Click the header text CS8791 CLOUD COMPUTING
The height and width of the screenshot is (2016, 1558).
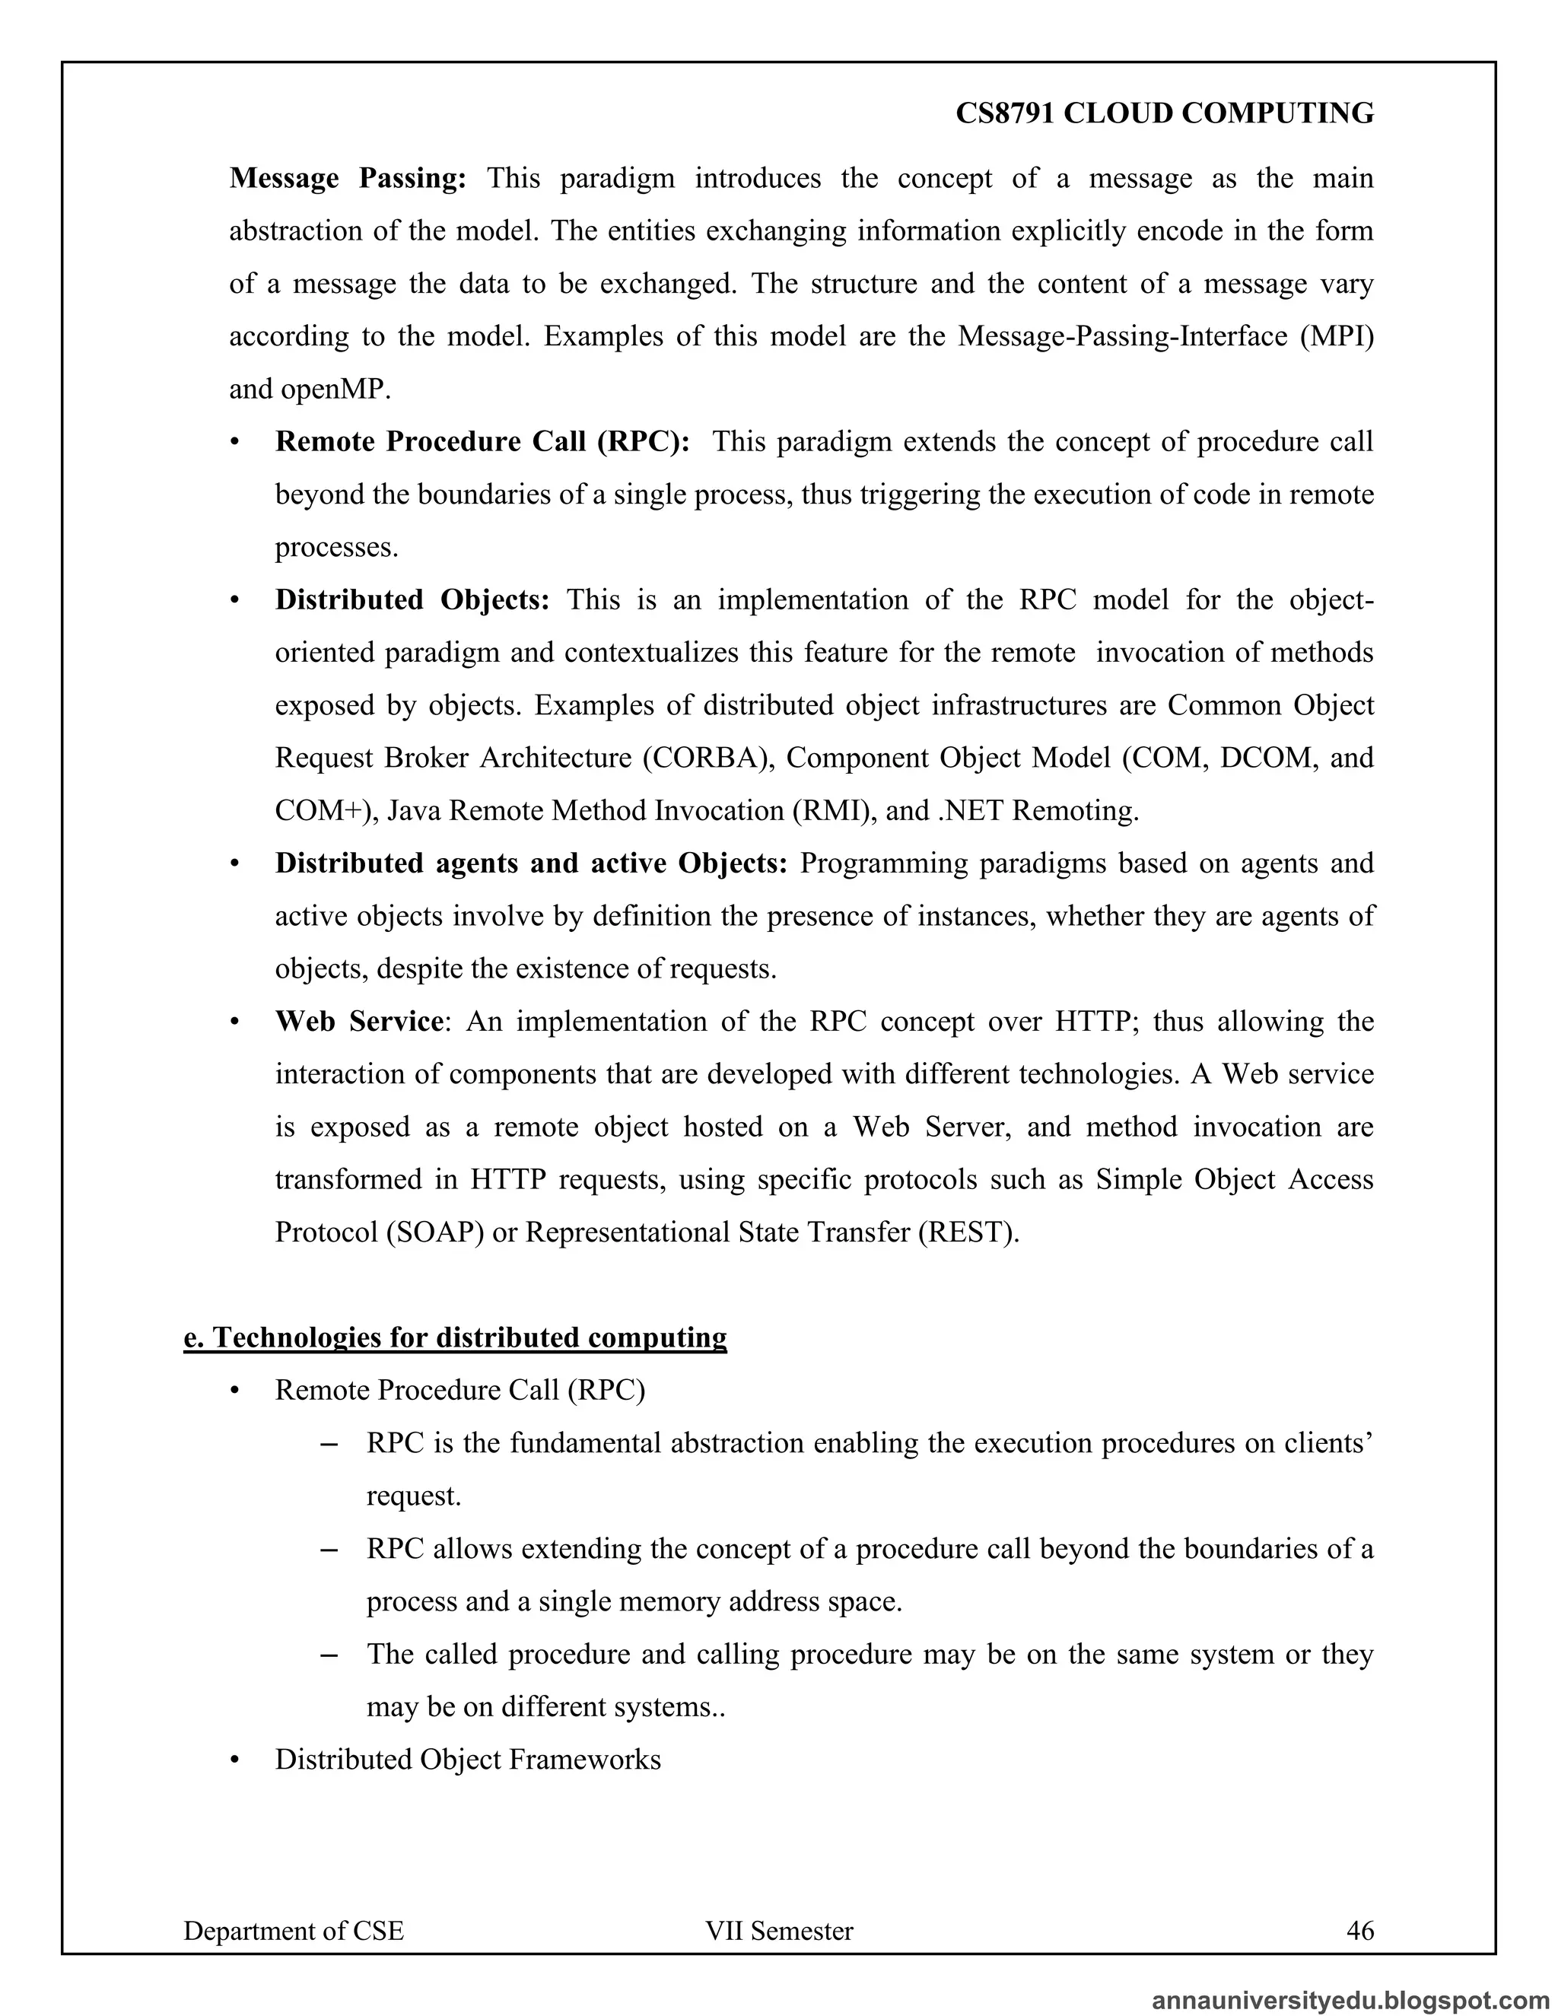point(1164,113)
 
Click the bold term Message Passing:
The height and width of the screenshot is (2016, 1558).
point(347,178)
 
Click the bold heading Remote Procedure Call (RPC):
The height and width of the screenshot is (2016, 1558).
point(482,442)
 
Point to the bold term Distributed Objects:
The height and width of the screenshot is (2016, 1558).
point(412,600)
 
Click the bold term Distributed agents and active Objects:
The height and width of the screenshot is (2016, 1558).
point(531,863)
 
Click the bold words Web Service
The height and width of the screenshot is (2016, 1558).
point(359,1022)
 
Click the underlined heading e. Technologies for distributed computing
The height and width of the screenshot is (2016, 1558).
point(455,1337)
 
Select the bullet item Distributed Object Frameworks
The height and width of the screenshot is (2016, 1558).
point(467,1760)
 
